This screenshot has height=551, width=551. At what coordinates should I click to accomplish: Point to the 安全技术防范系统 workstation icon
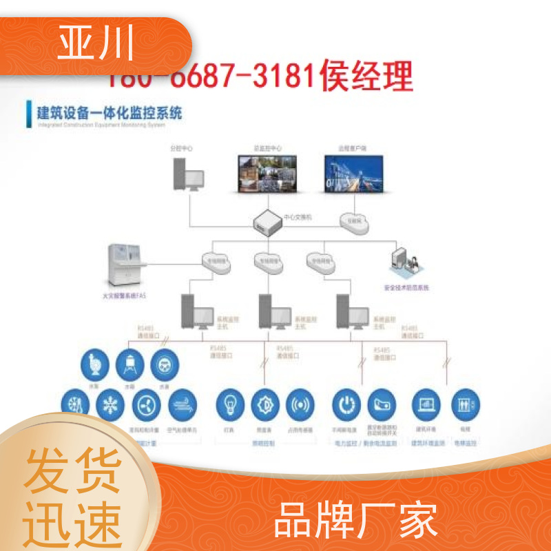406,264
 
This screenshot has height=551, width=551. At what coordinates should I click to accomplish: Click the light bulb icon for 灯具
230,404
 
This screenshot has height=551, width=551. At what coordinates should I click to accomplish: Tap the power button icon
346,404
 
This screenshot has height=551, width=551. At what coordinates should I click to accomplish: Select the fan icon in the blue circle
144,404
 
